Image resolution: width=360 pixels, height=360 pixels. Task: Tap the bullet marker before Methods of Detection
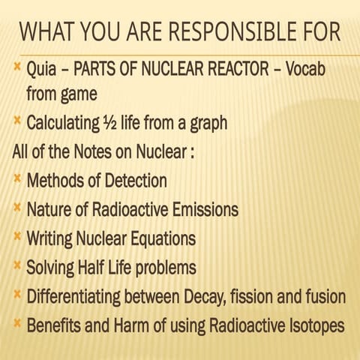[16, 178]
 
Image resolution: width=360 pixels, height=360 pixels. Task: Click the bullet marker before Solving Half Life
[16, 265]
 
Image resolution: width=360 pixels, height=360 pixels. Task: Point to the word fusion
[325, 296]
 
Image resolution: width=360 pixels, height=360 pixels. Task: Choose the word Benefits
[53, 326]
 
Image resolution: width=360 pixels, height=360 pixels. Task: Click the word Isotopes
[313, 326]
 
